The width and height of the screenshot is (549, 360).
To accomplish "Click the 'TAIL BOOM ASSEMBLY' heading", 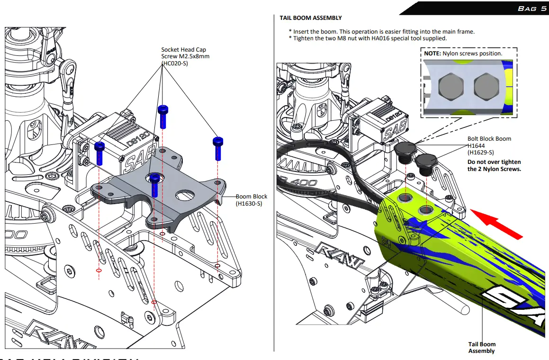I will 310,18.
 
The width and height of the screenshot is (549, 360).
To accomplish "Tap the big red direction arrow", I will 497,225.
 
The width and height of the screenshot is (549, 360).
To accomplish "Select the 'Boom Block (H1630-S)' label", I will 252,200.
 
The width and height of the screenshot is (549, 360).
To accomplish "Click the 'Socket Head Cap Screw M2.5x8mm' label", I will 185,56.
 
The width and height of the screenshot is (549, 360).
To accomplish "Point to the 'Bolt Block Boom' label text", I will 489,139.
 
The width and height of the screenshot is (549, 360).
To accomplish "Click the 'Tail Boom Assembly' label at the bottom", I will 482,348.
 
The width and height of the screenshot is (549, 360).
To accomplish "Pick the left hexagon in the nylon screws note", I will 451,87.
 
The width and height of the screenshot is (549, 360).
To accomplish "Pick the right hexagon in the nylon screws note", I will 487,87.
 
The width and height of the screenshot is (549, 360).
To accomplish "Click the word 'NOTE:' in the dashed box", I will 432,54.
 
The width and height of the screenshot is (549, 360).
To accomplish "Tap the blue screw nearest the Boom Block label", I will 218,148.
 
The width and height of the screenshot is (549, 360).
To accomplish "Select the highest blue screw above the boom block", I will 163,116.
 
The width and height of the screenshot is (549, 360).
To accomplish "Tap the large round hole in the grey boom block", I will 184,195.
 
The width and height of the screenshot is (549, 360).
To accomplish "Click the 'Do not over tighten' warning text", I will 494,165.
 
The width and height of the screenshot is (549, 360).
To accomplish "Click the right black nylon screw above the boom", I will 425,163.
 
